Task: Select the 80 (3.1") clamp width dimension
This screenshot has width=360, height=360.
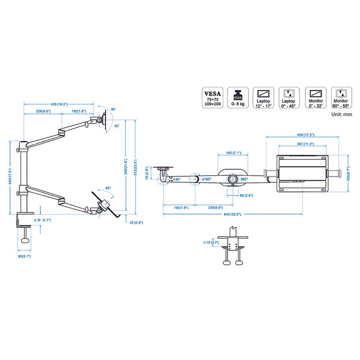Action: point(25,257)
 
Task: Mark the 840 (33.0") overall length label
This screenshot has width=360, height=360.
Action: point(233,214)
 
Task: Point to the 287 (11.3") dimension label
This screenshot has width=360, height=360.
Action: point(307,144)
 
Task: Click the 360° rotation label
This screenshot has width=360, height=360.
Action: point(244,179)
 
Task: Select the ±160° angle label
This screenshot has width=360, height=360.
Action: point(206,179)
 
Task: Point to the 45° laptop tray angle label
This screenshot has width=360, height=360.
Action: point(107,187)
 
